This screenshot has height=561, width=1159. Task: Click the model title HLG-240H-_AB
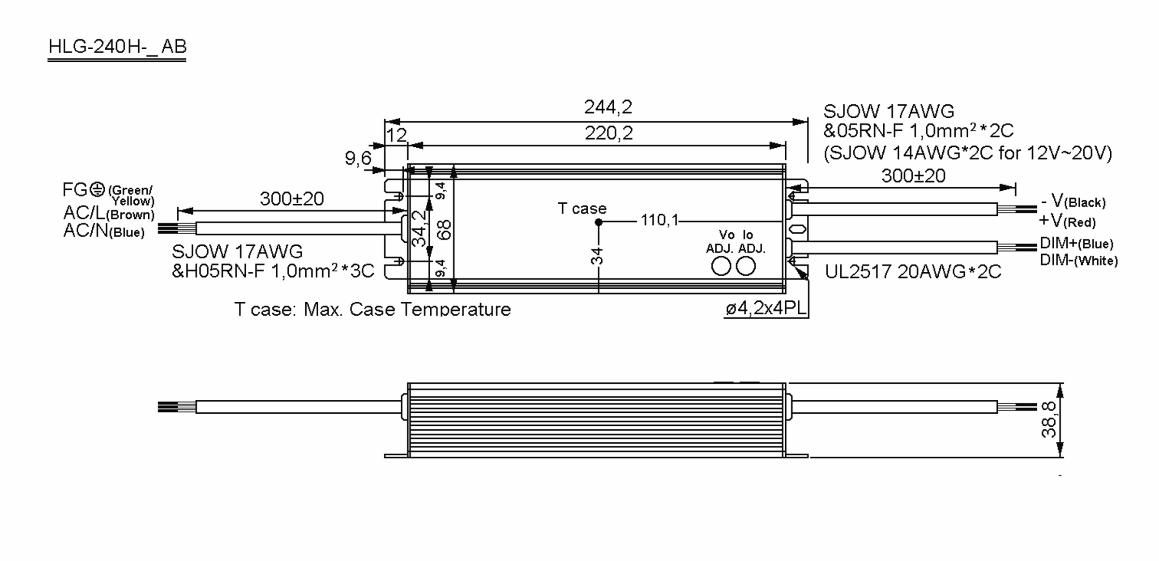(x=117, y=47)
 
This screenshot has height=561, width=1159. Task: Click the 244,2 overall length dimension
(x=608, y=107)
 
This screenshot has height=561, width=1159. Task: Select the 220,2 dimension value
(x=608, y=133)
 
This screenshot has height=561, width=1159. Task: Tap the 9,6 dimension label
(x=358, y=158)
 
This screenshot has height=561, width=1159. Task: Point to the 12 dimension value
(x=396, y=135)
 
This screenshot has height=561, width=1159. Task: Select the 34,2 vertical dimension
(x=419, y=228)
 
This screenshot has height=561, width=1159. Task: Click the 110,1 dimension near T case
(x=659, y=220)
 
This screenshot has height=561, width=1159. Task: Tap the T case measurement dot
(x=598, y=222)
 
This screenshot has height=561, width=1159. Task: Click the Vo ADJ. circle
(x=721, y=266)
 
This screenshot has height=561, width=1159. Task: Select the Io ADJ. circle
(x=746, y=266)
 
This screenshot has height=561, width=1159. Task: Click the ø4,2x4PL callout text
(x=766, y=309)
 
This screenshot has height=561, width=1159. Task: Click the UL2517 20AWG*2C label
(x=913, y=272)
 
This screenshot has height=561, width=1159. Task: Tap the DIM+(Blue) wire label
(x=1076, y=243)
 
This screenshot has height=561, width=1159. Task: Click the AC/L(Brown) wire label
(x=109, y=213)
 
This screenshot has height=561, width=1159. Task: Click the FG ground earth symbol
(x=98, y=189)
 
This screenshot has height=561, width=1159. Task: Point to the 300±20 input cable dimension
(x=292, y=199)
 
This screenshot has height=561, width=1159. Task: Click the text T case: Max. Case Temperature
(x=372, y=309)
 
